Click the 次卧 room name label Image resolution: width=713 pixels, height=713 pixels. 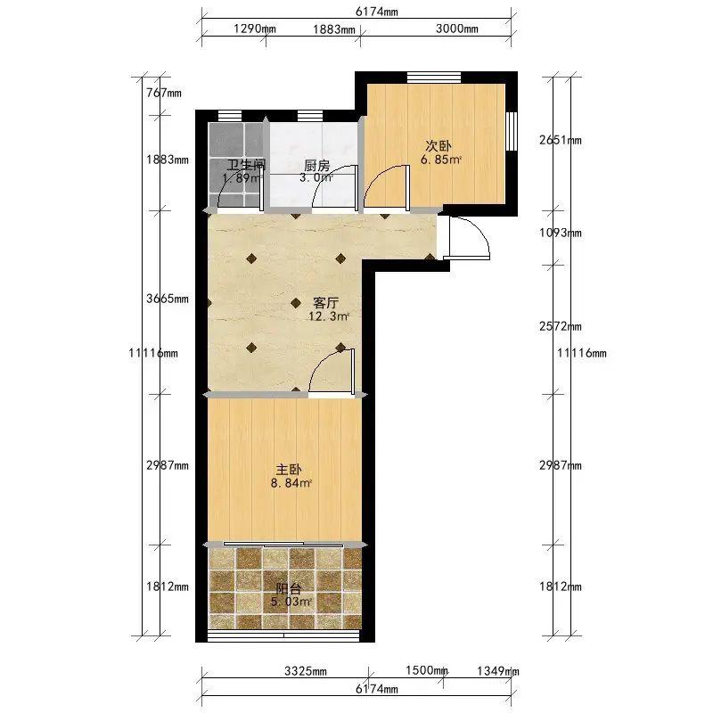[438, 146]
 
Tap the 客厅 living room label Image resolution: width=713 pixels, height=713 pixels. [326, 302]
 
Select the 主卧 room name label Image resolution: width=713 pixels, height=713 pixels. [289, 470]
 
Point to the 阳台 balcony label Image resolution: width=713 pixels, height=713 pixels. [289, 589]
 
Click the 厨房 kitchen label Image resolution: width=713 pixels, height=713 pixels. [316, 165]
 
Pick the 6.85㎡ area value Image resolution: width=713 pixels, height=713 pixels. [441, 160]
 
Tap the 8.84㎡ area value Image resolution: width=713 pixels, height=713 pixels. [291, 483]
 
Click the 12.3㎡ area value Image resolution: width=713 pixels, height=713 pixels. [329, 316]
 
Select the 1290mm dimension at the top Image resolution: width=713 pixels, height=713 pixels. [255, 29]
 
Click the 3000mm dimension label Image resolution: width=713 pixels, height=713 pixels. [456, 29]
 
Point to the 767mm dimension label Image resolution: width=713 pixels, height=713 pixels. [164, 94]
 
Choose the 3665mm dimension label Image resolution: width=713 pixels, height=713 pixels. [168, 299]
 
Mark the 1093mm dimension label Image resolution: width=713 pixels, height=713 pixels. [561, 233]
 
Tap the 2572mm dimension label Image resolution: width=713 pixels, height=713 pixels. [561, 326]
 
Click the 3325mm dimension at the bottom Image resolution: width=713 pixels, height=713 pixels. [306, 671]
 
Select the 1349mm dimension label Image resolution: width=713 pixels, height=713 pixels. [498, 670]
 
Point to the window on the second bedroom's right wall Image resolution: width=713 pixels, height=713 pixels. [512, 131]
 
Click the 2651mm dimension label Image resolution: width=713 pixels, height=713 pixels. [561, 140]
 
